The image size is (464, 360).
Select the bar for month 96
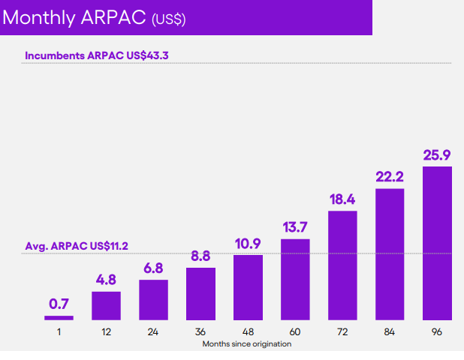(x=437, y=243)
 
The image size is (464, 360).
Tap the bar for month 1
(x=59, y=318)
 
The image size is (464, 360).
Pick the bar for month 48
(x=248, y=287)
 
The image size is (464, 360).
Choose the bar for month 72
(x=342, y=265)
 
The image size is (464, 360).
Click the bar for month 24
(x=153, y=299)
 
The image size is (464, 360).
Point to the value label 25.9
(x=437, y=156)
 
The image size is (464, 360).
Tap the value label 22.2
(x=390, y=178)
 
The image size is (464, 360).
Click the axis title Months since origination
(x=246, y=343)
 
